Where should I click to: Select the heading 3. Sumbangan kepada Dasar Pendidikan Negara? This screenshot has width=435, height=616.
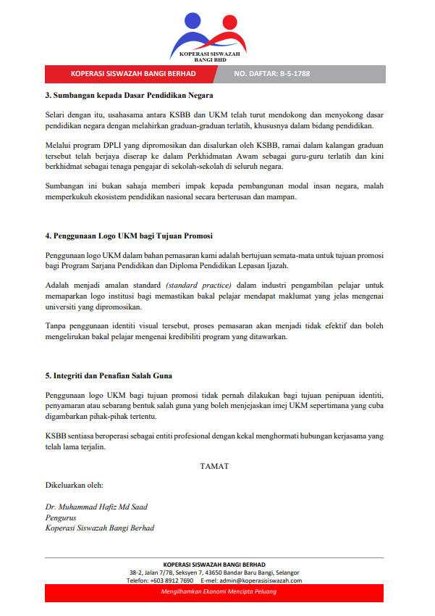(129, 95)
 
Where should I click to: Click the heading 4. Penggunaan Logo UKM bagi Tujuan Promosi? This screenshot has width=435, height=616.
(129, 236)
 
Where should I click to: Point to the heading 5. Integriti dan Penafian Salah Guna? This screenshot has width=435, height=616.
(109, 376)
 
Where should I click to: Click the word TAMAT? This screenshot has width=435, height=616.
(214, 466)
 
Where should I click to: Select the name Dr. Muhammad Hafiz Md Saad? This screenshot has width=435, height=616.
(96, 507)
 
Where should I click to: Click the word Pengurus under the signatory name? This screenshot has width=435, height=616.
(61, 517)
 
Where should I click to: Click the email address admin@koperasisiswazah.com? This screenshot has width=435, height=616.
(261, 580)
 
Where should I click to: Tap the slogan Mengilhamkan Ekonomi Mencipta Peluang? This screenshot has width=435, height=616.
(218, 592)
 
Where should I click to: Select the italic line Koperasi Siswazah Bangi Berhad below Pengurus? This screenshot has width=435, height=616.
(99, 528)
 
